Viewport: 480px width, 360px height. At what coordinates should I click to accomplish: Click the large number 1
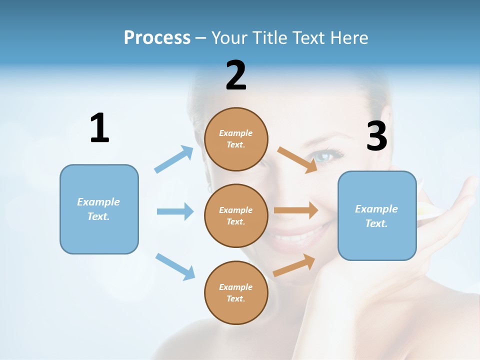[x=99, y=128]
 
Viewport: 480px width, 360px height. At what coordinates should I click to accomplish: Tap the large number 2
[x=236, y=75]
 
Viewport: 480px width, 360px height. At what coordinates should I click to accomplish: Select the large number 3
[x=377, y=136]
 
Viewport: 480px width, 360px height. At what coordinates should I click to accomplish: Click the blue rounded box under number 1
[x=99, y=209]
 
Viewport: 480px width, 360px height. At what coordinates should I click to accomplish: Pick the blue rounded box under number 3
[x=377, y=215]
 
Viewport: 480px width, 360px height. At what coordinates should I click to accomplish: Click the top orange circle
[x=236, y=138]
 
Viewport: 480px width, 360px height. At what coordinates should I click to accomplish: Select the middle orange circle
[x=236, y=215]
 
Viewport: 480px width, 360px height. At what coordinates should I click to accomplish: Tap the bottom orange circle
[x=236, y=292]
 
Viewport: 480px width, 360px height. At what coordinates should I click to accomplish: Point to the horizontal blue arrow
[x=175, y=211]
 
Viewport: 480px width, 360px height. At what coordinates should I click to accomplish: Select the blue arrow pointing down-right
[x=175, y=266]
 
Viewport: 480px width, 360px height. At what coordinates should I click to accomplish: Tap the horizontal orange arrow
[x=296, y=210]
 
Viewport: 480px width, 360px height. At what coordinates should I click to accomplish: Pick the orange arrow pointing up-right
[x=294, y=265]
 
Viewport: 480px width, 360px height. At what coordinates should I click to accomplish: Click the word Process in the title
[x=157, y=37]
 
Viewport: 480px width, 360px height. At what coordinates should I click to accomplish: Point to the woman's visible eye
[x=324, y=156]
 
